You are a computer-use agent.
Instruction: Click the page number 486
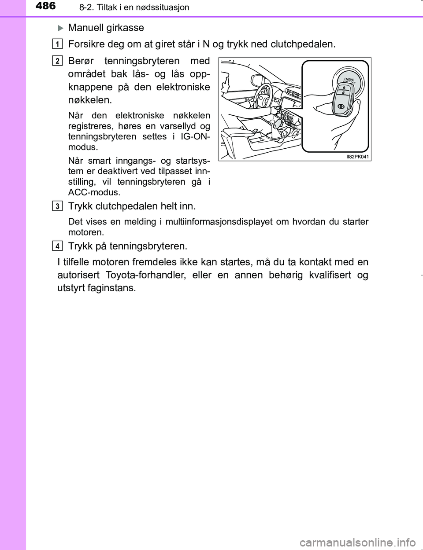pyautogui.click(x=45, y=6)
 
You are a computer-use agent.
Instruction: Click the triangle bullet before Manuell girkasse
pyautogui.click(x=61, y=28)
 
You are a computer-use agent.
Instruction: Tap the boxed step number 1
pyautogui.click(x=57, y=44)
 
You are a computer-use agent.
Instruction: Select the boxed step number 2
pyautogui.click(x=57, y=61)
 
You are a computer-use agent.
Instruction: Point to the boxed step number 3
pyautogui.click(x=57, y=206)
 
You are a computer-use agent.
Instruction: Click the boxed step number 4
pyautogui.click(x=57, y=246)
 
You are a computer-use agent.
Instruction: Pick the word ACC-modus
pyautogui.click(x=94, y=192)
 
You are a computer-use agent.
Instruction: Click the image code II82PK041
pyautogui.click(x=357, y=157)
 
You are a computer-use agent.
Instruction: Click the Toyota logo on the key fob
pyautogui.click(x=341, y=106)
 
